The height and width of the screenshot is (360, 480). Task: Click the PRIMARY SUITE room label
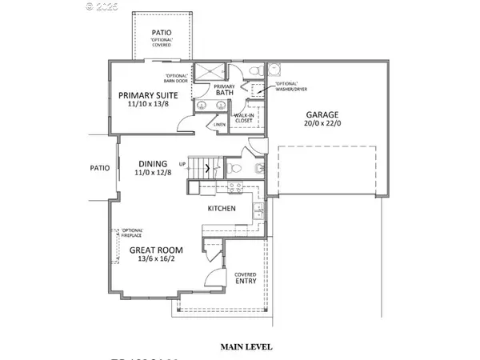157,94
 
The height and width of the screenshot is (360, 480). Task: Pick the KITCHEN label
221,208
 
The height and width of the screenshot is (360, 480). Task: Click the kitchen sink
259,211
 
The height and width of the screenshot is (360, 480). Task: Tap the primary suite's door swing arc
185,122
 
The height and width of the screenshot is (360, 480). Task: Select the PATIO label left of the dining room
98,168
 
